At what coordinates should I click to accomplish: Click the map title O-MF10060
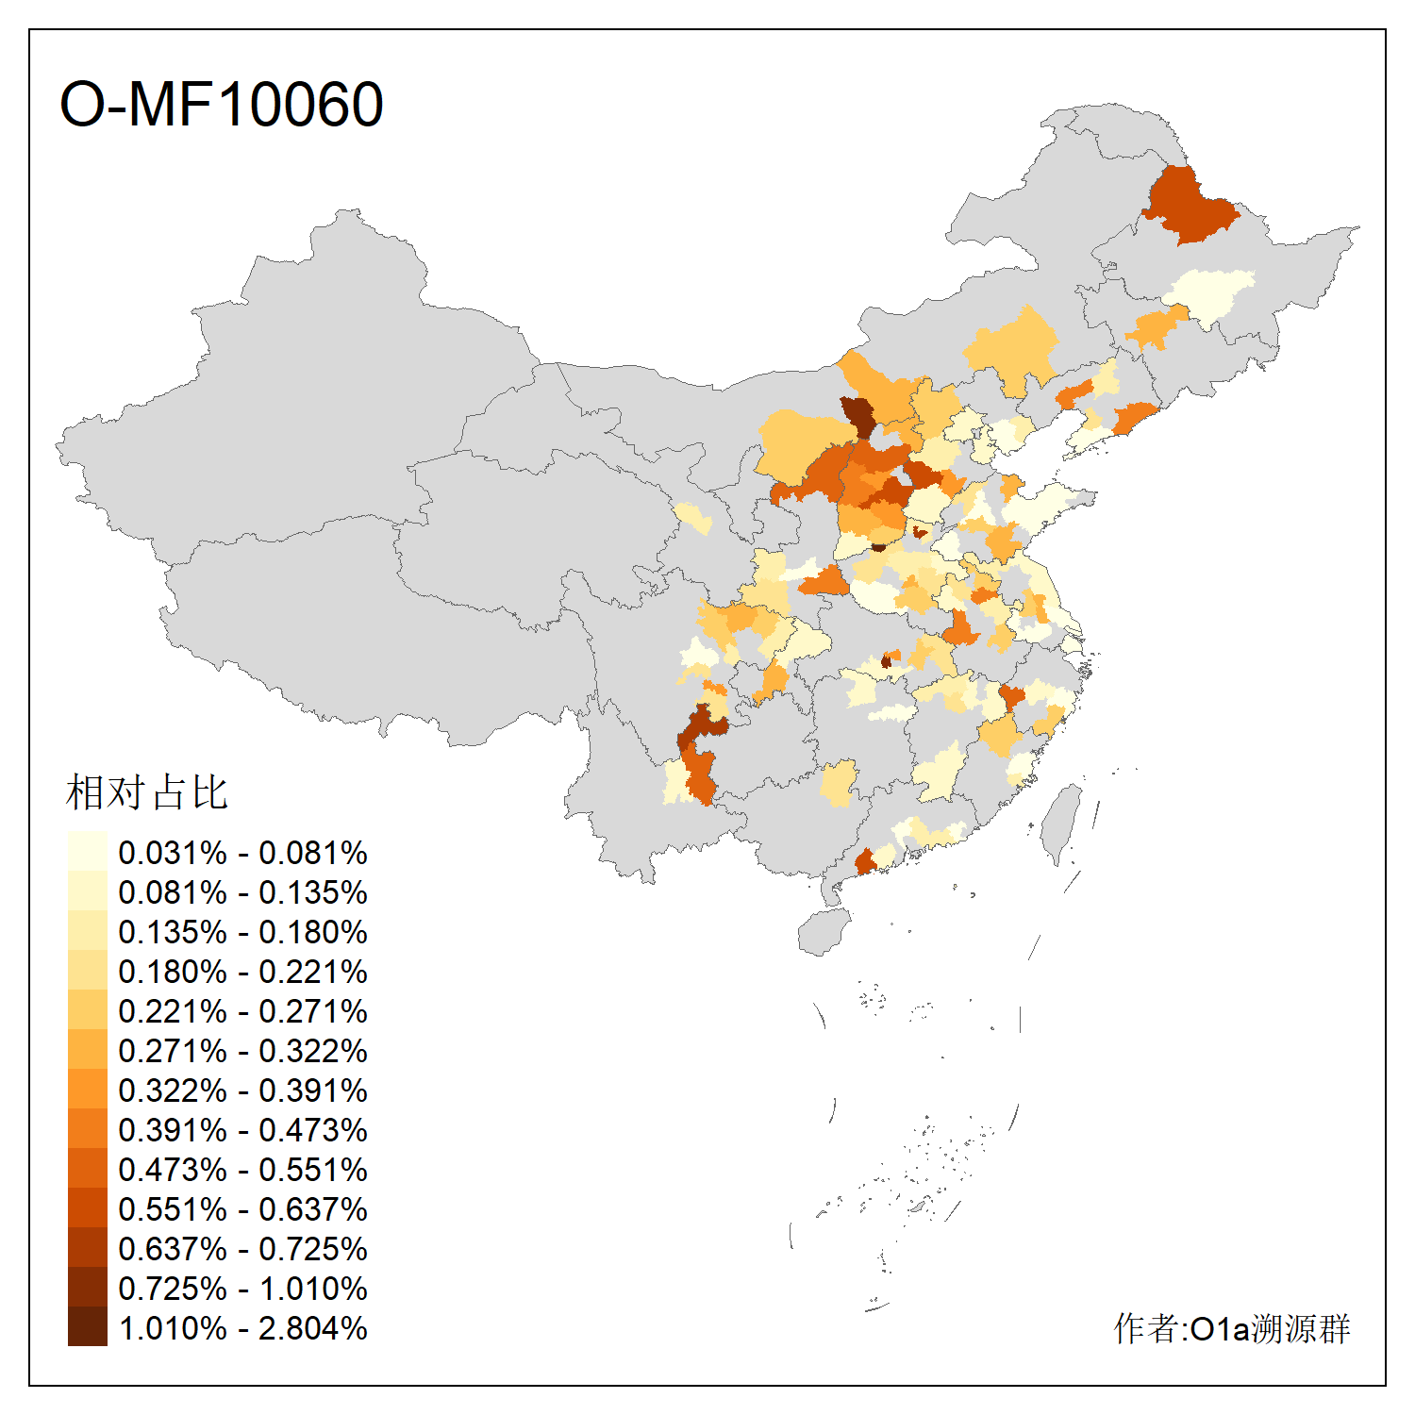222,104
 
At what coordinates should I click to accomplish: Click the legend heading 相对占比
147,792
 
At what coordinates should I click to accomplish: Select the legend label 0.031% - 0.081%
242,853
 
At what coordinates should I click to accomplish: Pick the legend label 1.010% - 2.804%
242,1328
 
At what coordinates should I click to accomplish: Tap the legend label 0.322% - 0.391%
242,1090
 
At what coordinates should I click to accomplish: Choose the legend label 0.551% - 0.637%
242,1209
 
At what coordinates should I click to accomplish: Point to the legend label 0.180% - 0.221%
242,972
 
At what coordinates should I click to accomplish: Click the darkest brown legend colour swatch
87,1327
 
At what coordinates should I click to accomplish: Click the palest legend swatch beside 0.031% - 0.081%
87,851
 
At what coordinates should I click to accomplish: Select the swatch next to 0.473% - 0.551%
87,1169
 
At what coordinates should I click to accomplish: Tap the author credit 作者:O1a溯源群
1231,1328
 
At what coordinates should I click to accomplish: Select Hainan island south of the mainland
824,932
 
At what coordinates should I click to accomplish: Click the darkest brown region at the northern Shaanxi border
858,416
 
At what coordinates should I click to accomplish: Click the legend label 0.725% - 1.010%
242,1289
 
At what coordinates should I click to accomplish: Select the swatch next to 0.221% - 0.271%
87,1010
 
